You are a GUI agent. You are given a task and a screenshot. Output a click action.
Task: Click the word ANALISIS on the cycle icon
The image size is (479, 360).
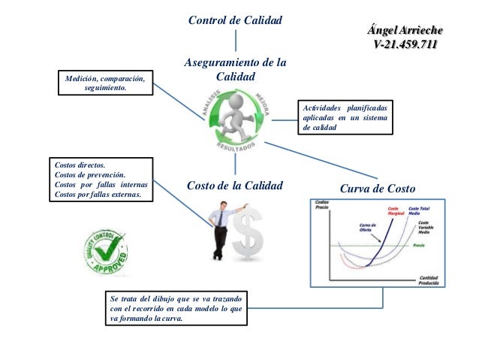[x=209, y=102]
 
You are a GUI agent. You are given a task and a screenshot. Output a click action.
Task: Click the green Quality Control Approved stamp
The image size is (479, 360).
[x=105, y=253]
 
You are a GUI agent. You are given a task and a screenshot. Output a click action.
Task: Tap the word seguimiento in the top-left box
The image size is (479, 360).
[x=106, y=88]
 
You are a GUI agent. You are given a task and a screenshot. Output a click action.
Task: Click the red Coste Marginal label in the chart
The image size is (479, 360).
[x=396, y=211]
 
